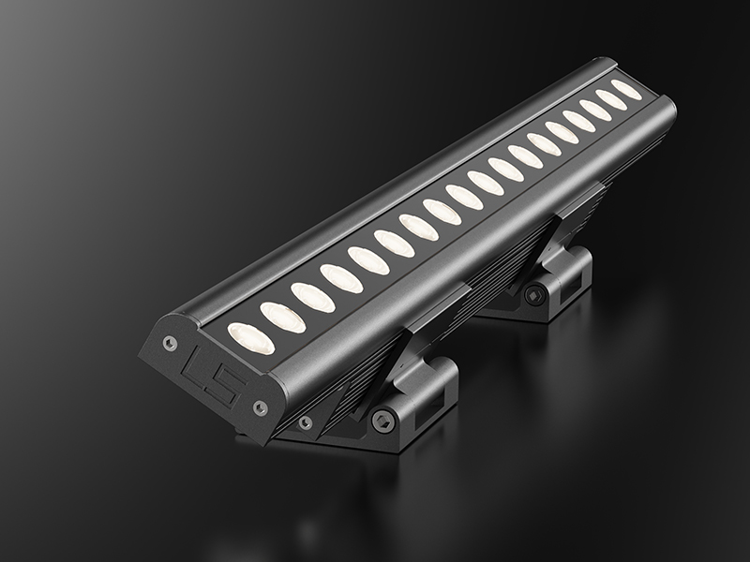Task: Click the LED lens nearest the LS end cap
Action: tap(251, 338)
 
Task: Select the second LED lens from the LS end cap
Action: tap(283, 317)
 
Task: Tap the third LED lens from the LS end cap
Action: tap(313, 297)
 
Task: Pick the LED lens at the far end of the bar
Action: tap(626, 89)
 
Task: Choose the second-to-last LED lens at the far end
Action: tap(611, 99)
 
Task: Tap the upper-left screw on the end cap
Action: tap(170, 342)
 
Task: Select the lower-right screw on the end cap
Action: tap(260, 407)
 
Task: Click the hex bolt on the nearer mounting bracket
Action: tap(382, 421)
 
